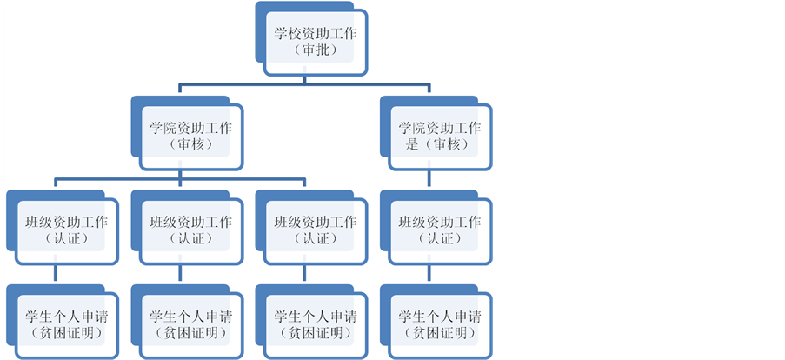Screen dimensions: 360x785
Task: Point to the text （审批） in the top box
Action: (315, 50)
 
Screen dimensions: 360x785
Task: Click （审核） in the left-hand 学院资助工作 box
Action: (190, 144)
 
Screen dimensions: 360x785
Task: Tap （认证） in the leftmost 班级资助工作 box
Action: (66, 238)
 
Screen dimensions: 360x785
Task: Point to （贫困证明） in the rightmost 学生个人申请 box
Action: (439, 333)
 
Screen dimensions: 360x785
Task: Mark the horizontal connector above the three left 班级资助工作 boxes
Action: (122, 180)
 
